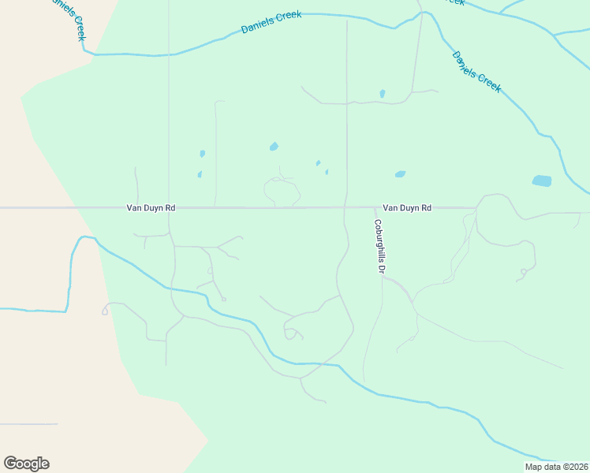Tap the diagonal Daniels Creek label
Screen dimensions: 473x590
[x=476, y=72]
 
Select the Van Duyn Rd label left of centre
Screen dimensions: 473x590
[x=151, y=208]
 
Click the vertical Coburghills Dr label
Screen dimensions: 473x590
[x=379, y=246]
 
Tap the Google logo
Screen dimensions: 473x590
[x=26, y=464]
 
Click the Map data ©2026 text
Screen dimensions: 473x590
[x=557, y=467]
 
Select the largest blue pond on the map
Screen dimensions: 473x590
[x=542, y=181]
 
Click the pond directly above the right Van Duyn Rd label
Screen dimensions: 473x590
[x=400, y=174]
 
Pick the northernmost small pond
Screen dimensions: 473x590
[x=383, y=94]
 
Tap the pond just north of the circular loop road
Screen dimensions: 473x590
[x=274, y=146]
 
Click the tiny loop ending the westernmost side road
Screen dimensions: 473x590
[x=105, y=311]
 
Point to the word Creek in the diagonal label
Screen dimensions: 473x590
[x=489, y=83]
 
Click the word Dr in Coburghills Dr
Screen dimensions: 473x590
[x=380, y=269]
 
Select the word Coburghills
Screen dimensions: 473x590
[x=379, y=240]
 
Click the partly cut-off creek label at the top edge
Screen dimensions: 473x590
[x=454, y=2]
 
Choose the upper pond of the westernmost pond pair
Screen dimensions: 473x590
[x=203, y=153]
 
